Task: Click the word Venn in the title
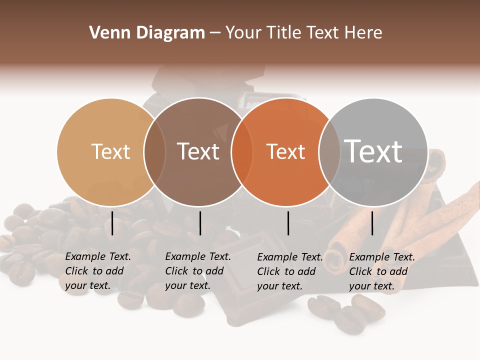pos(107,33)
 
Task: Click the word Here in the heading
pos(363,33)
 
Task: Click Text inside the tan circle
pos(110,151)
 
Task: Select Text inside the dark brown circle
pos(198,151)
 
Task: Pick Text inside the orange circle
pos(285,151)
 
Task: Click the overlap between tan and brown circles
pos(154,151)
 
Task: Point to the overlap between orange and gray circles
pos(328,151)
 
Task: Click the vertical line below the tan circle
pos(112,223)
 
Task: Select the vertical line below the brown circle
pos(200,223)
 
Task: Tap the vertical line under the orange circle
pos(288,223)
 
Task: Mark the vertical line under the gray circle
pos(372,223)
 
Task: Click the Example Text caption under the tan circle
pos(98,271)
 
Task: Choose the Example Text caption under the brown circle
pos(198,271)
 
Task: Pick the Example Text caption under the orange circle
pos(290,271)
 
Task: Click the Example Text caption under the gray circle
pos(382,271)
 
